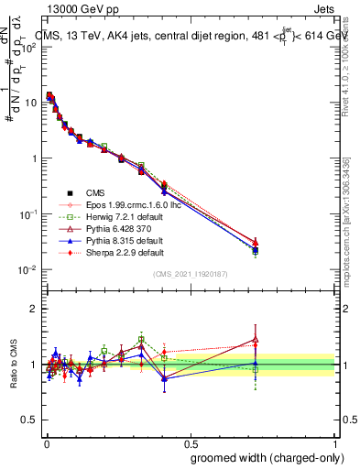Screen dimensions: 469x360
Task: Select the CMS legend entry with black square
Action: [x=96, y=191]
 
